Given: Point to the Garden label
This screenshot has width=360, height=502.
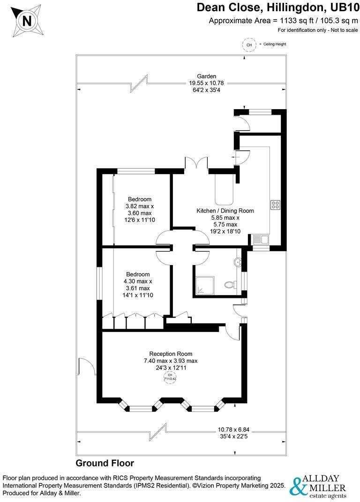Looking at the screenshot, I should [x=206, y=76].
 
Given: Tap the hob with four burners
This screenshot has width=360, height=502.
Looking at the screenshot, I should [x=275, y=205].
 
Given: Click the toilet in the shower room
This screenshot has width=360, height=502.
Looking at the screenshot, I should [x=230, y=284].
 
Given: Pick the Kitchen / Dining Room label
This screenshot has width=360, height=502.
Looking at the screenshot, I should [x=225, y=211].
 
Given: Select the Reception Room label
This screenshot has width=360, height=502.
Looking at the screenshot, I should [x=171, y=354].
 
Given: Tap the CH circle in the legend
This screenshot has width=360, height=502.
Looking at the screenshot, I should [x=248, y=45].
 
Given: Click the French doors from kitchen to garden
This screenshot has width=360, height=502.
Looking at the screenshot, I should [x=196, y=164].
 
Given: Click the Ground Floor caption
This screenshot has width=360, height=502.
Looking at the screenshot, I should [x=105, y=463].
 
